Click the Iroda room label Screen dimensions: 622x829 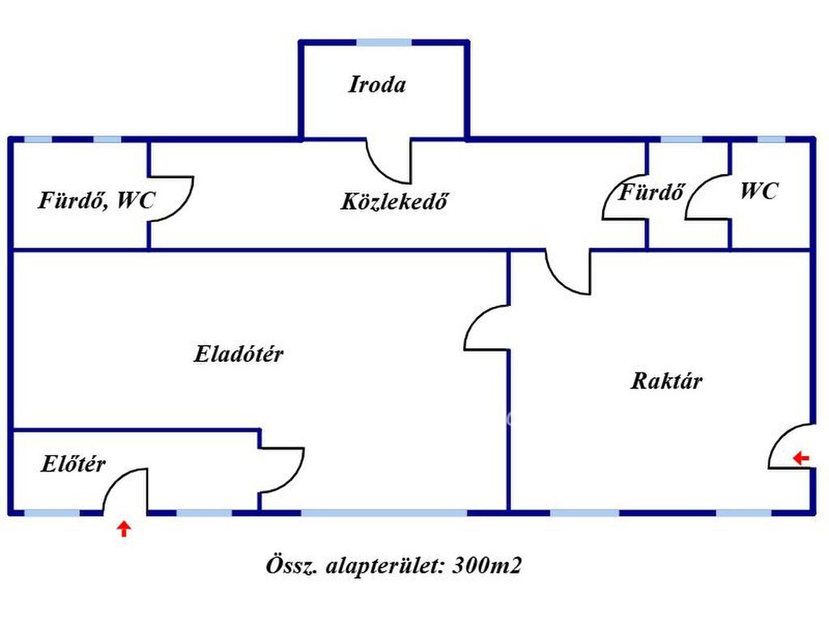pos(377,84)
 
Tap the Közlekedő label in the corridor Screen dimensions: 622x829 pos(394,201)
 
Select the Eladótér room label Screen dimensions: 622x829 pos(239,354)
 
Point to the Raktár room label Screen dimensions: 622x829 pos(666,381)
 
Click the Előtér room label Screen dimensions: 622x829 pos(73,465)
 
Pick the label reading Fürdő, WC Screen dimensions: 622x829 pos(96,200)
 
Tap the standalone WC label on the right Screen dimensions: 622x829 pos(759,191)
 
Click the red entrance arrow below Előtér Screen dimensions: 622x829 pos(123,530)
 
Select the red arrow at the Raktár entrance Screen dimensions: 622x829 pos(801,458)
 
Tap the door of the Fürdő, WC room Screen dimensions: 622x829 pos(172,199)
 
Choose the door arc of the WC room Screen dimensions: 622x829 pos(708,198)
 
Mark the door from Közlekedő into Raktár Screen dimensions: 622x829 pos(568,272)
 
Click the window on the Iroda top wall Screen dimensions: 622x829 pos(384,42)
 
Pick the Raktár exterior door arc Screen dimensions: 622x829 pos(789,446)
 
